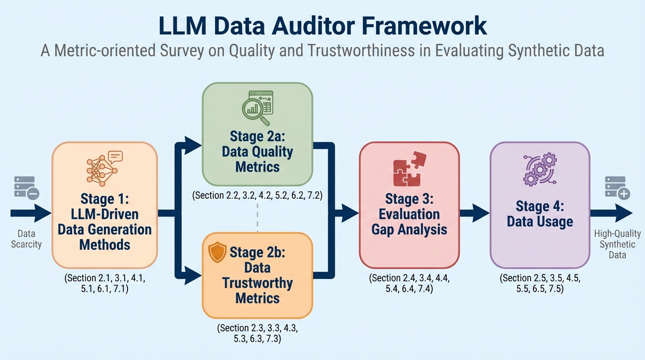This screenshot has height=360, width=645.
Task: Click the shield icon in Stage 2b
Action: [x=217, y=253]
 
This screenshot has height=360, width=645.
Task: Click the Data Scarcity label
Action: [x=26, y=239]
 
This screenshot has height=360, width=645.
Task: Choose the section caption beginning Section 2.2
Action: [x=257, y=195]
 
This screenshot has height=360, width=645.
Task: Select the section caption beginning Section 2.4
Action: [x=409, y=284]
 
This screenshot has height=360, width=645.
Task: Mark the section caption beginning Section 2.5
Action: [x=540, y=284]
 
